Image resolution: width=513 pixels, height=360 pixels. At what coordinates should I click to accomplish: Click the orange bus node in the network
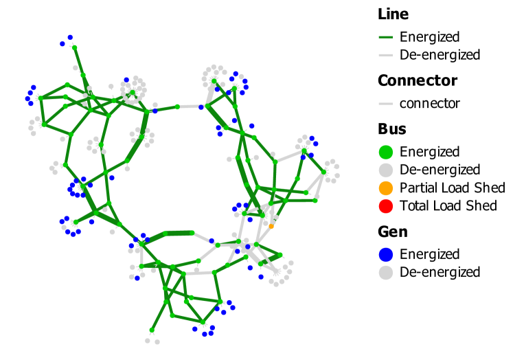pyautogui.click(x=271, y=225)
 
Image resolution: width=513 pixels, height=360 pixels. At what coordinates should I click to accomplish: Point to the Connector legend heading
pyautogui.click(x=418, y=80)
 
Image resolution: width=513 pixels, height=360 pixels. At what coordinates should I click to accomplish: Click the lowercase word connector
pyautogui.click(x=429, y=104)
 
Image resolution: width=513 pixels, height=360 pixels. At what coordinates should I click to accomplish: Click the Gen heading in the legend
pyautogui.click(x=391, y=231)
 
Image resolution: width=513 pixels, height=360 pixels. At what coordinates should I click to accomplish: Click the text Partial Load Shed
pyautogui.click(x=452, y=188)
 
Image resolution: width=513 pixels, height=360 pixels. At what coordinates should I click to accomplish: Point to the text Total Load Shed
pyautogui.click(x=448, y=205)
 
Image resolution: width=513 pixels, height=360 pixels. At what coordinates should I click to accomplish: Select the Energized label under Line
pyautogui.click(x=429, y=37)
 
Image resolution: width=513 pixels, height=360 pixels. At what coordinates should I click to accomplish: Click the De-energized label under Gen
pyautogui.click(x=440, y=272)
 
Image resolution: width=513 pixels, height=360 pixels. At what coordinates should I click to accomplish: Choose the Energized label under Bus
pyautogui.click(x=429, y=152)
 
